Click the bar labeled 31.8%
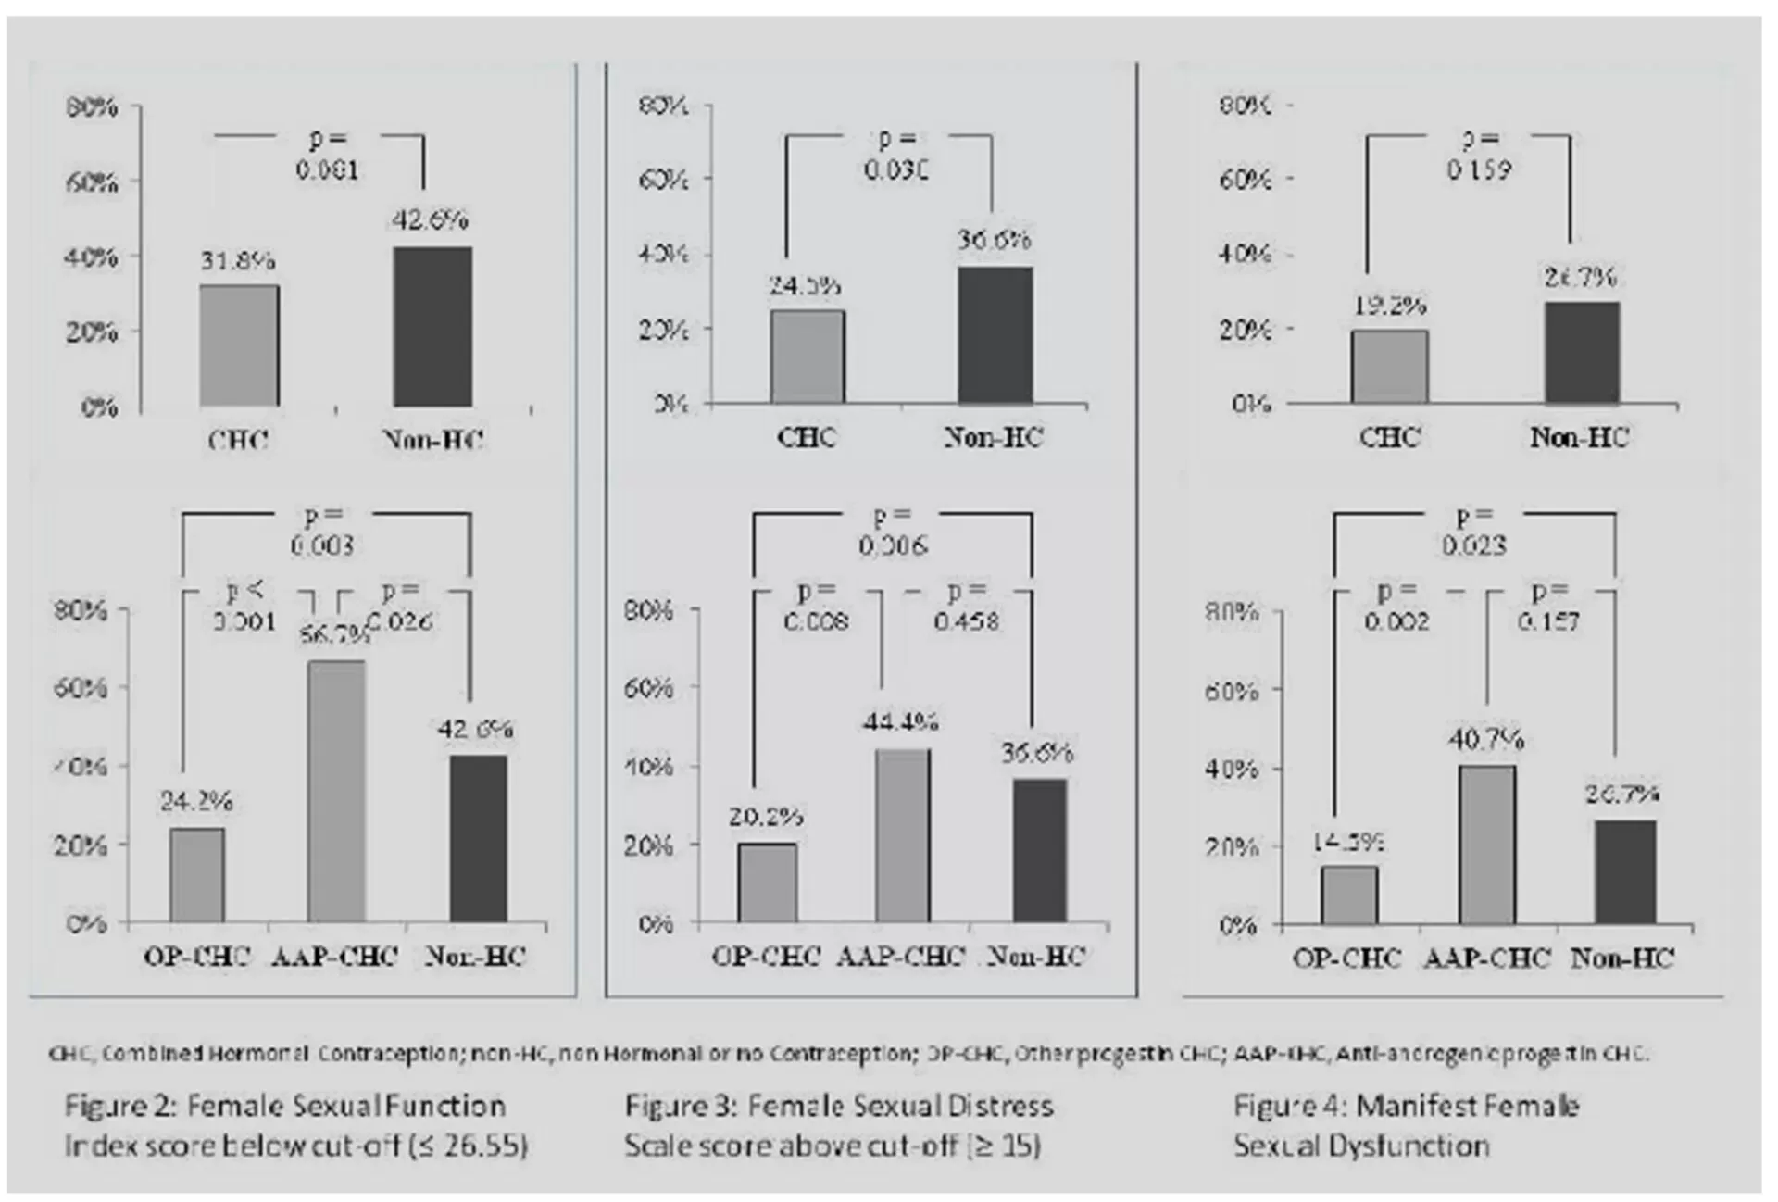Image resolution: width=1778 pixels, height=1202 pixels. coord(239,345)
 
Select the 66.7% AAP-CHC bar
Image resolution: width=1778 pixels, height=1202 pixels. coord(336,792)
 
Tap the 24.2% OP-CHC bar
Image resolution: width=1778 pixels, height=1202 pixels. coord(196,875)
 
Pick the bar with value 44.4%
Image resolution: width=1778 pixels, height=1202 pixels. coord(903,836)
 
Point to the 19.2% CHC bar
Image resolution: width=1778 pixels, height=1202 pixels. coord(1389,367)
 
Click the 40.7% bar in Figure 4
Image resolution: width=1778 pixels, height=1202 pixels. coord(1487,845)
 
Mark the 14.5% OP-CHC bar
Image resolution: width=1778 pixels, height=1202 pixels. coord(1348,895)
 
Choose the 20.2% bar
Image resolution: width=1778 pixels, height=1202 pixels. coord(767,883)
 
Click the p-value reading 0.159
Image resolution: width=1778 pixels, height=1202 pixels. coord(1479,170)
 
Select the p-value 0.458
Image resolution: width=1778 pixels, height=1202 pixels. coord(966,620)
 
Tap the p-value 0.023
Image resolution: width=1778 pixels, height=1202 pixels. coord(1473,545)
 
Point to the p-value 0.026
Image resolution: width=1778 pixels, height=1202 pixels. coord(400,620)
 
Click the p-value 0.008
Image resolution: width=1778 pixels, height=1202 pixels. coord(816,620)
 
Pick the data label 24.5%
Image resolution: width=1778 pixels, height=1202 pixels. coord(805,287)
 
